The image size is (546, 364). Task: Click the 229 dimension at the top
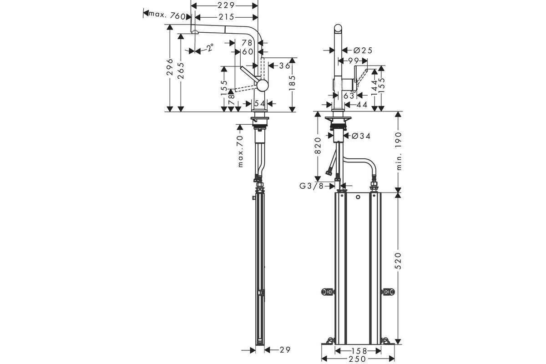[226, 5]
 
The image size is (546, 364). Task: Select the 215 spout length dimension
[227, 17]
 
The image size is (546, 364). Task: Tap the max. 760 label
[167, 16]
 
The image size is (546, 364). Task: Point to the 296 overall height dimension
[170, 67]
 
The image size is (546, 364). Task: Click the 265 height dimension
[181, 71]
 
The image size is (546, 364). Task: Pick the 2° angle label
[210, 47]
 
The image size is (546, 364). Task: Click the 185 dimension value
[292, 83]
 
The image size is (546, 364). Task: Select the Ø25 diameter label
[363, 51]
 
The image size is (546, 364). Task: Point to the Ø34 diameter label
[361, 136]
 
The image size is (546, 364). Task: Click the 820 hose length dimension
[318, 146]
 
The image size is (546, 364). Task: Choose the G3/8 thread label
[311, 186]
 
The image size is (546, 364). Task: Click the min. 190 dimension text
[398, 151]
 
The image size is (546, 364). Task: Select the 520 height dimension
[398, 261]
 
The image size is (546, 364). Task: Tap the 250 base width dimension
[358, 359]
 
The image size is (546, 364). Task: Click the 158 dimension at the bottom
[359, 351]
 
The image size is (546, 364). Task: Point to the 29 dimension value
[285, 350]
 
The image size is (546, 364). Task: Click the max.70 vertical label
[240, 152]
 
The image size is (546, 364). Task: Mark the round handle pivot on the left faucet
[263, 86]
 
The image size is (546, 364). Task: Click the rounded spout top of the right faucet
[338, 28]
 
